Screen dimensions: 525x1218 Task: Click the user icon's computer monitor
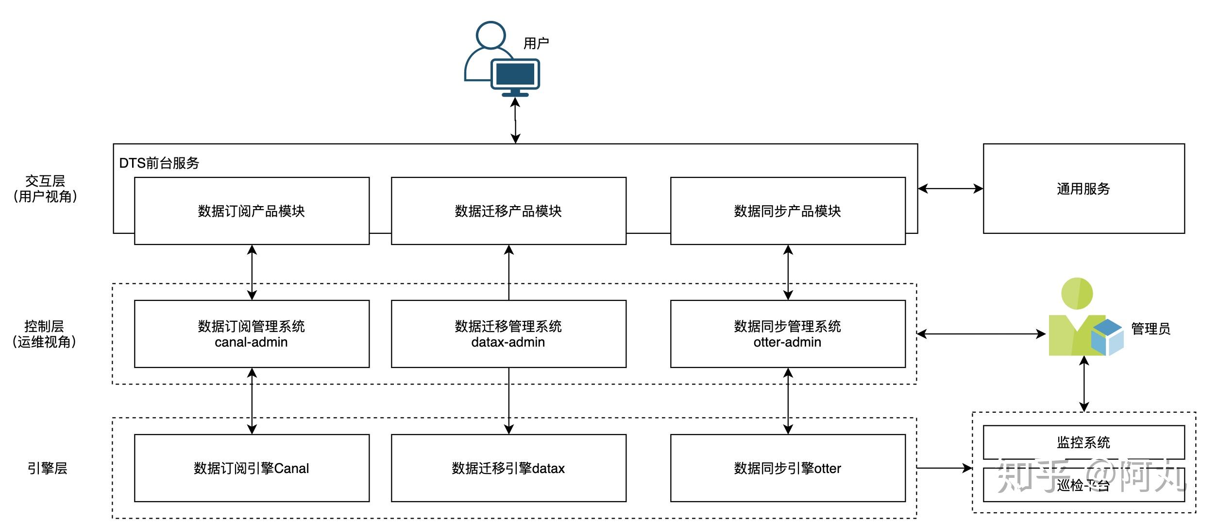(515, 74)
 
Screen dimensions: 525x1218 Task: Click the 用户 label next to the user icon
(536, 43)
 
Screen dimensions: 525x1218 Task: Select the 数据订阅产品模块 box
(252, 211)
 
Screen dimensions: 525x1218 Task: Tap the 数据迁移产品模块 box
(508, 211)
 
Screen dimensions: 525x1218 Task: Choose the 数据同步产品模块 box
(787, 211)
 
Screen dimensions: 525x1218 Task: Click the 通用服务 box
(1083, 189)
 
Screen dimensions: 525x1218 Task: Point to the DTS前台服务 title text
(159, 163)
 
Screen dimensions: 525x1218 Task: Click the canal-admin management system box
(252, 334)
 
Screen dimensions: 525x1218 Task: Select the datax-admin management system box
(508, 334)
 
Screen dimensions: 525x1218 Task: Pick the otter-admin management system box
(787, 334)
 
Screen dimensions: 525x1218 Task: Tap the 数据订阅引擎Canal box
(252, 468)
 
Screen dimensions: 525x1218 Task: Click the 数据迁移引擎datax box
(508, 468)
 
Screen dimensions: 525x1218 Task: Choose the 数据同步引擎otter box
(787, 468)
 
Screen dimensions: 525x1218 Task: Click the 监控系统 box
(1083, 442)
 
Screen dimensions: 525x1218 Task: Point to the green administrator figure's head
(1077, 294)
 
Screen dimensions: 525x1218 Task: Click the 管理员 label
(1150, 329)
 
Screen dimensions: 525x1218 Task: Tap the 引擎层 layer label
(47, 468)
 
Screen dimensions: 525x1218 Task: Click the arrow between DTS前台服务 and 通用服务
(950, 189)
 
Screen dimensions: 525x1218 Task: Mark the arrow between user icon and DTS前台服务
(515, 121)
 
